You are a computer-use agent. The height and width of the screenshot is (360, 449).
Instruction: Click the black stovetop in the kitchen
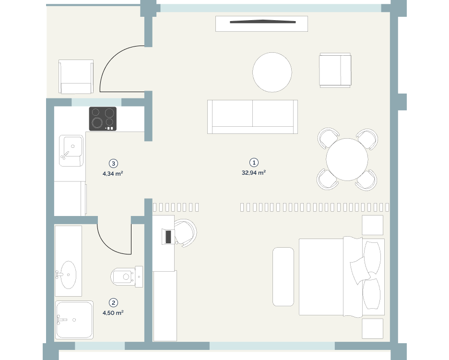point(103,119)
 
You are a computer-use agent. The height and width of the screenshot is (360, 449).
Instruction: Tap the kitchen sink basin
point(71,150)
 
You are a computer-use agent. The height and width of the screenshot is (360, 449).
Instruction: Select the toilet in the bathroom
point(127,276)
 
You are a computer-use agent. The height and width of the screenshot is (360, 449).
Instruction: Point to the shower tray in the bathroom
point(74,320)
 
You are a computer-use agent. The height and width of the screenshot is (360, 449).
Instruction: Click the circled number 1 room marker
point(254,163)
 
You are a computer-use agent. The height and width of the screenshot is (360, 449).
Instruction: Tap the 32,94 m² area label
point(254,172)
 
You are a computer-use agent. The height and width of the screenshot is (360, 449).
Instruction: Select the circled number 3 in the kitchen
point(113,163)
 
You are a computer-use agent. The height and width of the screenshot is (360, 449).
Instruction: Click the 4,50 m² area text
point(113,312)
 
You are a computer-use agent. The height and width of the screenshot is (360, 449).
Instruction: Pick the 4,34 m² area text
point(113,173)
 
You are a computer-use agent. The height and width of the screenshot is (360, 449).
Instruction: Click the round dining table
point(347,159)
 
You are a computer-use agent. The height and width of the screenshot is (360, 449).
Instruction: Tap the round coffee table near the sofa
point(272,72)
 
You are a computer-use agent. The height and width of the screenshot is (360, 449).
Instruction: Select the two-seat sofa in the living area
point(252,117)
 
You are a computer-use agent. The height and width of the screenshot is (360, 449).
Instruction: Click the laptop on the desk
point(168,237)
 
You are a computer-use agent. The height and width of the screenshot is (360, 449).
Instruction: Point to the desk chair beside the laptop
point(186,233)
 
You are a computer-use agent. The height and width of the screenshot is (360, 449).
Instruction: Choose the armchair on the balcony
point(76,76)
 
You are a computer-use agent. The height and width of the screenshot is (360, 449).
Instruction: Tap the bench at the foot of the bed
point(283,276)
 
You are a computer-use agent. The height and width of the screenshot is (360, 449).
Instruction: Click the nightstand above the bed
point(373,225)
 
